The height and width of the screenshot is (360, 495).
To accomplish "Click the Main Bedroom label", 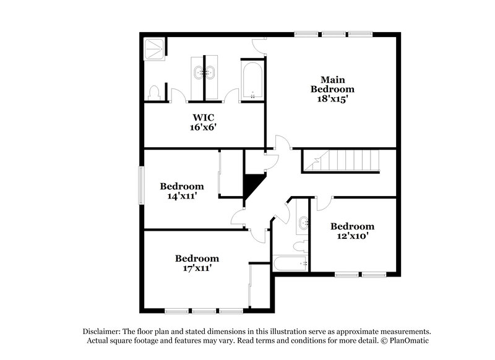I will [x=332, y=84].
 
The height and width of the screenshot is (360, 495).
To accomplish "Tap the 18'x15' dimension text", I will [x=332, y=98].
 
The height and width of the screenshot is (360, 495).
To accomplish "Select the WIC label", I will [x=203, y=118].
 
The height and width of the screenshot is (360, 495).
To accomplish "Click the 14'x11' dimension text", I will [x=181, y=196].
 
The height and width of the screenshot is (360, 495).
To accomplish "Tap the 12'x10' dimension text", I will [x=351, y=236].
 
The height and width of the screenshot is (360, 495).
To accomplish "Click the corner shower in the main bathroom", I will [x=154, y=48].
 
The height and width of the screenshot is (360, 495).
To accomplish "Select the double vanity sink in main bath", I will [x=204, y=72].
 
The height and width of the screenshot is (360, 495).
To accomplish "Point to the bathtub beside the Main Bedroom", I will [x=252, y=80].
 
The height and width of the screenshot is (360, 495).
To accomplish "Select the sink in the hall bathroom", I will [x=303, y=223].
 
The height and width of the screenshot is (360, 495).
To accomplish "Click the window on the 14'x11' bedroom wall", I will [x=141, y=185].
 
